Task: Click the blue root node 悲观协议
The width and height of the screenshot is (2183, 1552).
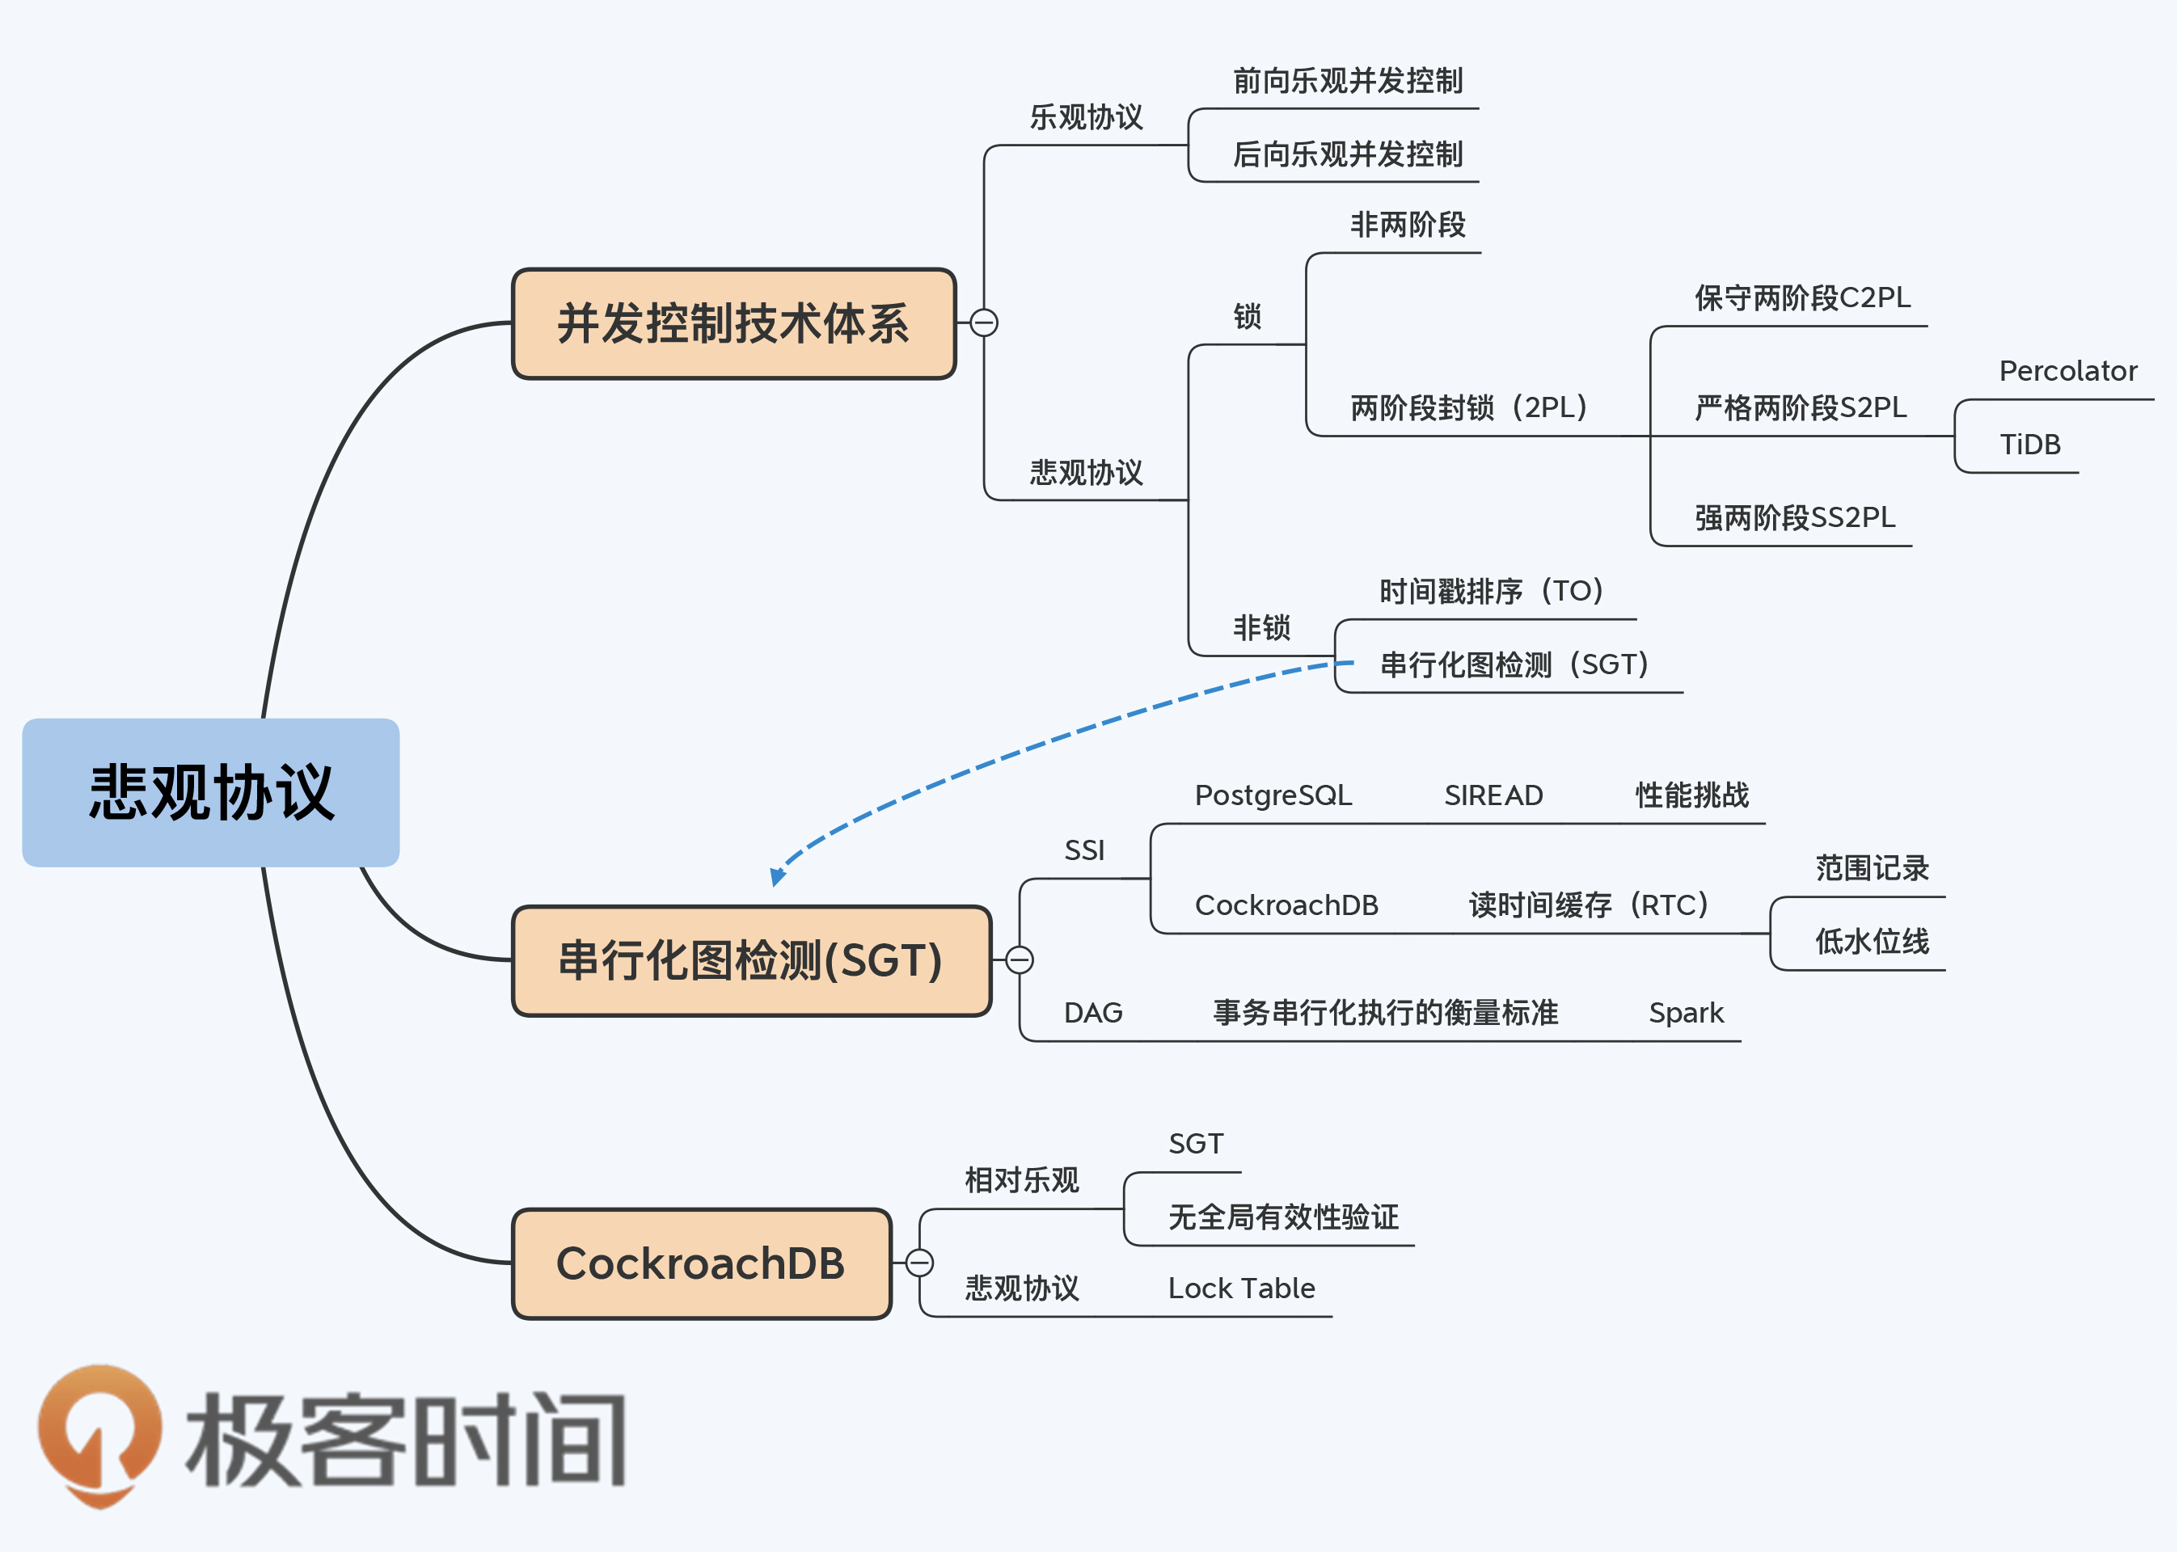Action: point(210,792)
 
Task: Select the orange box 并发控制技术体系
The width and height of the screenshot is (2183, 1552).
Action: point(733,323)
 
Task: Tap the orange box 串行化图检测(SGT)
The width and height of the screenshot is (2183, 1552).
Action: point(751,960)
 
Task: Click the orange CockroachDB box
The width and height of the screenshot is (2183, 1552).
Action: point(702,1263)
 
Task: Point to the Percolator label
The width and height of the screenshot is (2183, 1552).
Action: point(2067,371)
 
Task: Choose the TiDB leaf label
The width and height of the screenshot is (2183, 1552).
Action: point(2029,445)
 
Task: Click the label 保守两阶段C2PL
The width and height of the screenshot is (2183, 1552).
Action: point(1801,298)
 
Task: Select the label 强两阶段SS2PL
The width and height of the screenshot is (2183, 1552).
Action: point(1794,518)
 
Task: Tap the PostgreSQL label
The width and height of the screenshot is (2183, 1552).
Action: point(1273,795)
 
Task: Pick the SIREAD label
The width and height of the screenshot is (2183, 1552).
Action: point(1493,795)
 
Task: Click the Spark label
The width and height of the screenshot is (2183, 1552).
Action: point(1686,1013)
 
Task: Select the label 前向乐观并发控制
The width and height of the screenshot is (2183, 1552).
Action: point(1347,81)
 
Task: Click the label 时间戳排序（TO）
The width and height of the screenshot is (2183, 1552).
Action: point(1490,592)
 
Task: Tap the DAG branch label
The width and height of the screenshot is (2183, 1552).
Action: point(1092,1013)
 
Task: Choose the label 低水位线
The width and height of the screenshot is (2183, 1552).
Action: point(1872,942)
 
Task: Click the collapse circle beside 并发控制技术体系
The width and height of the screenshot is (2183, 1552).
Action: point(983,323)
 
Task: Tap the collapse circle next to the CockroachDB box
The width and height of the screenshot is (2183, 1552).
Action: point(919,1263)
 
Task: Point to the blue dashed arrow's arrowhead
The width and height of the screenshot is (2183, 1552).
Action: point(777,876)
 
